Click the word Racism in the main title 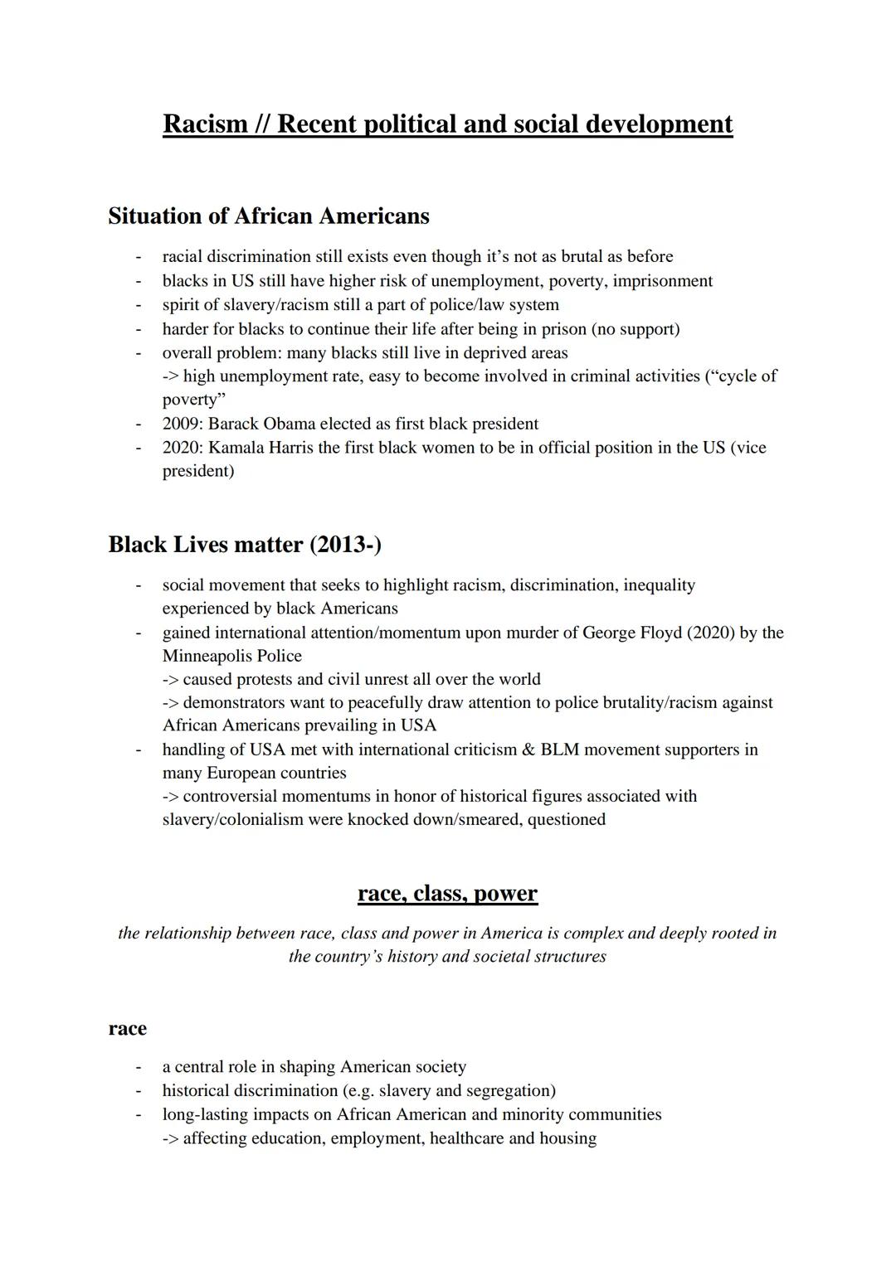point(205,124)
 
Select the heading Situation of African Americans point(269,216)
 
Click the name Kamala point(237,448)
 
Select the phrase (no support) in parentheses point(635,329)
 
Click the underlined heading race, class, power point(447,894)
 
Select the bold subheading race point(127,1029)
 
